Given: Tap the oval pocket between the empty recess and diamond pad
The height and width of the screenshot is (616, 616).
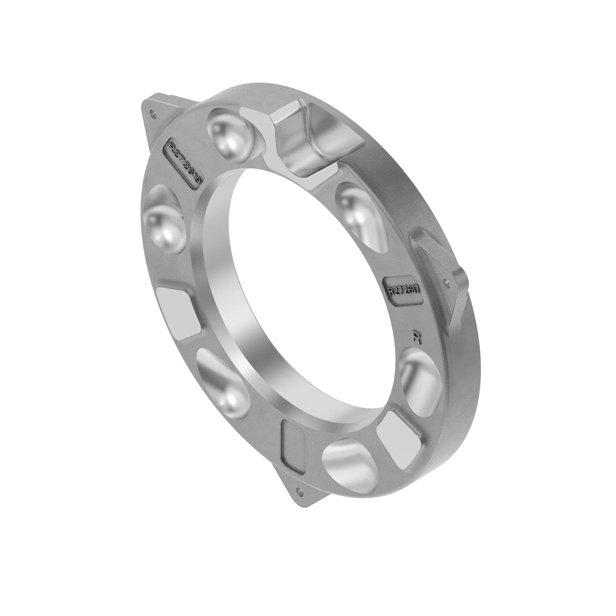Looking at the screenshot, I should pyautogui.click(x=223, y=383).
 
